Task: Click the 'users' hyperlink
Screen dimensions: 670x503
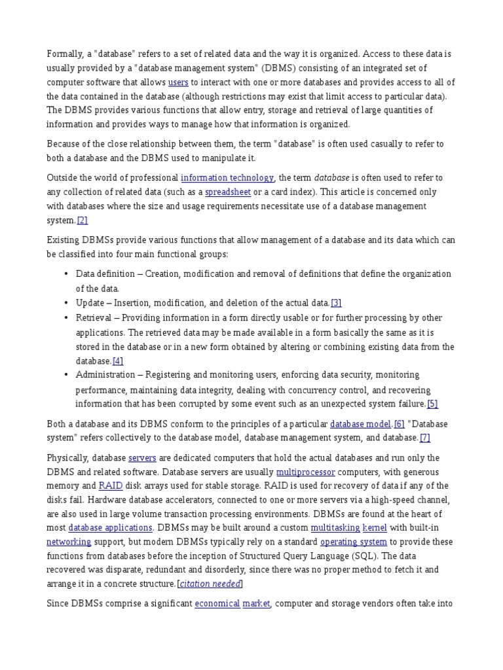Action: [178, 82]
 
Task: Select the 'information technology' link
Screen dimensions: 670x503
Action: [227, 177]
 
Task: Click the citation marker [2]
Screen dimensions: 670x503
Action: [83, 220]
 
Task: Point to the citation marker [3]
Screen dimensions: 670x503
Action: [336, 302]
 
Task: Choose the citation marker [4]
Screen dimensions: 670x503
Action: [118, 361]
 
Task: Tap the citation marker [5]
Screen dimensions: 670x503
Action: [432, 404]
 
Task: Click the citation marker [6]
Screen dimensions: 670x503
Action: [399, 423]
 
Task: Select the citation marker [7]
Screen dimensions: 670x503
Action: [425, 438]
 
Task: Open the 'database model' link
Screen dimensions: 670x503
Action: [360, 423]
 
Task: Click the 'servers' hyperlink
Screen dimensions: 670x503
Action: [141, 457]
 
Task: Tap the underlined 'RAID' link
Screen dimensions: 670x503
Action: [111, 485]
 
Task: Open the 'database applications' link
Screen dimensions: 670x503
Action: [111, 527]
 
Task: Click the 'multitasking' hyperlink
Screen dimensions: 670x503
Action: [335, 527]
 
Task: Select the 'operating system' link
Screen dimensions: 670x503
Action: [354, 542]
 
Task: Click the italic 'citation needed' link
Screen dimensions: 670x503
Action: [210, 584]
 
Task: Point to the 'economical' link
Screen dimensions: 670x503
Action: [217, 603]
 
